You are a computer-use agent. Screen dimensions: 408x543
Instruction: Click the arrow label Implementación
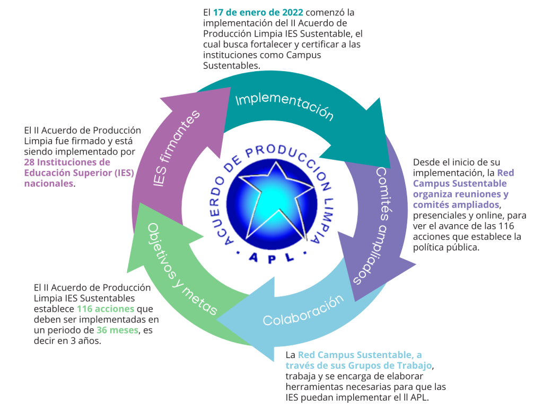point(284,106)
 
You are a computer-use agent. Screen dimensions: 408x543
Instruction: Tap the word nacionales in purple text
point(48,183)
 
